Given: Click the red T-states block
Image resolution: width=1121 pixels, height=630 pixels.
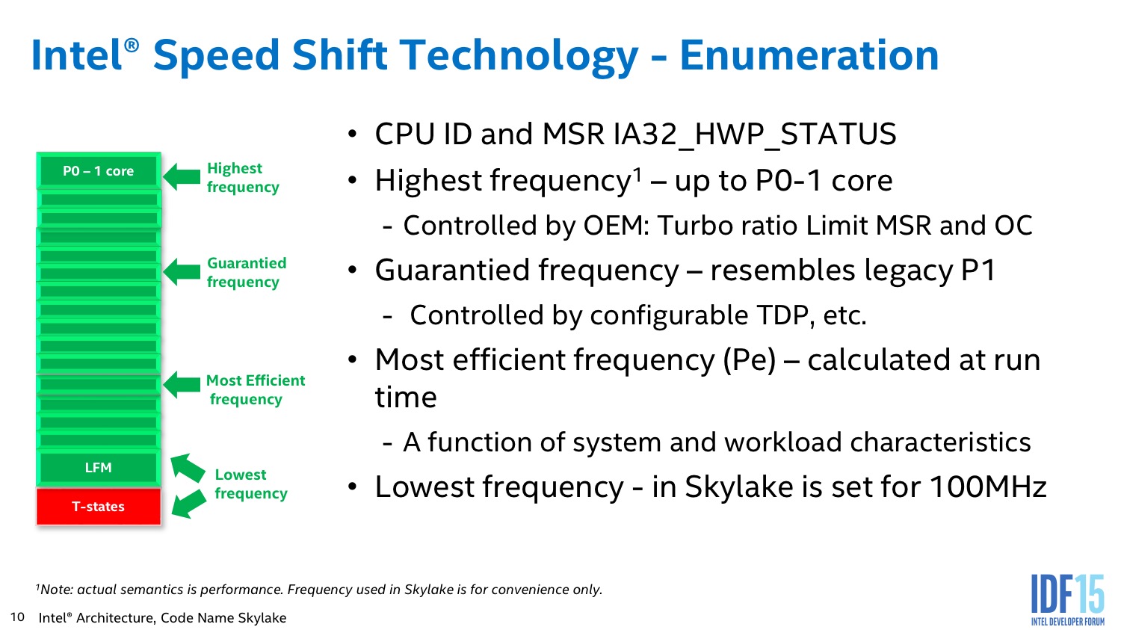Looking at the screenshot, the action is pos(99,507).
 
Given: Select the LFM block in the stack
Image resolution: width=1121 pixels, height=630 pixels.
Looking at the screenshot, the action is pos(99,468).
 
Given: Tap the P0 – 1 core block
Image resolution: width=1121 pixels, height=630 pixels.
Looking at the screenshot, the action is pos(99,171).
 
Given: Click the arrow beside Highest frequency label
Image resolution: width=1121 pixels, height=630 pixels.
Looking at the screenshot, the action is pos(182,176).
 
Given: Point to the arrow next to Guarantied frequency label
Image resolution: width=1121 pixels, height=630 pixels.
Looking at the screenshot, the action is pos(182,272).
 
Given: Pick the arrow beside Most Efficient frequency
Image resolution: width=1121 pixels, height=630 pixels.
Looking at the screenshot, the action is pos(182,384).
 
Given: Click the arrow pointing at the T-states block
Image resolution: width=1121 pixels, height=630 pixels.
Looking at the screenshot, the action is pos(188,504).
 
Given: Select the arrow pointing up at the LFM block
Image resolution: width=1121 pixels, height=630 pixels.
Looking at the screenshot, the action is pos(188,468).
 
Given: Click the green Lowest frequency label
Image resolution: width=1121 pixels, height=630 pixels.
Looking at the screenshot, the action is pos(251,484).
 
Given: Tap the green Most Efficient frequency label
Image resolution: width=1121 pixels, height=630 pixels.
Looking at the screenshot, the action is pos(256,390).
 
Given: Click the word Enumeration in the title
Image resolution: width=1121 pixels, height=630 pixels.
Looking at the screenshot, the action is pos(809,55).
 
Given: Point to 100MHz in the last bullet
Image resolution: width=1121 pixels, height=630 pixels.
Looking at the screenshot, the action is pos(988,487).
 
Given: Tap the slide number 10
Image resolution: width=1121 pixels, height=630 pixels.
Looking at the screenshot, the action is pos(17,617).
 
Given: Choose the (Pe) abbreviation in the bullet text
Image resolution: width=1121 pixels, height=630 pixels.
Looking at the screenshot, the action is pos(749,360).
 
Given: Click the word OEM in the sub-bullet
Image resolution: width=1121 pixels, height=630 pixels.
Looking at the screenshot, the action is pos(616,226).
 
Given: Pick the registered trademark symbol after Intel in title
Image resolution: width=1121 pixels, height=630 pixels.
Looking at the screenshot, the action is pos(131,46).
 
